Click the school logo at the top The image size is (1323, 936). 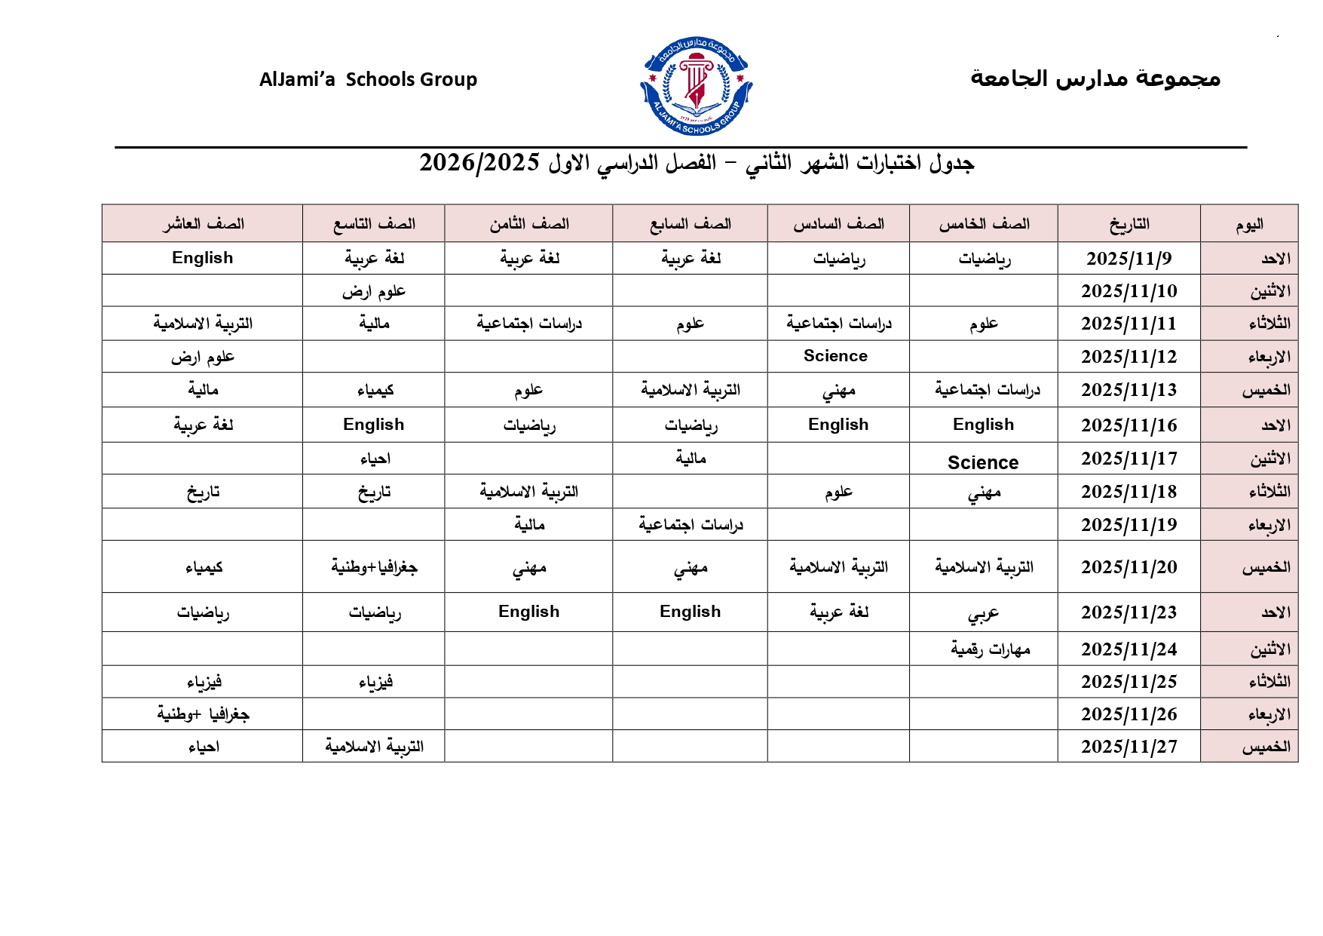coord(696,85)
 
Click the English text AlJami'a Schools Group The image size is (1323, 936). coord(368,79)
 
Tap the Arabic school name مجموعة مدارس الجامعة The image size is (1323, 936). coord(1095,78)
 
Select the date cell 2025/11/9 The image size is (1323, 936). coord(1129,259)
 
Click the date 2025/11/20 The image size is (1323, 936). coord(1129,567)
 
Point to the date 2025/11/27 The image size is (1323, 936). coord(1129,747)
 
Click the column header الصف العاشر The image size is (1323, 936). coord(203,224)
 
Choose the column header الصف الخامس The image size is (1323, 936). coord(984,224)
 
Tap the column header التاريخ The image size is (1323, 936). coord(1129,224)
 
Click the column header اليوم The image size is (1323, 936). coord(1249,224)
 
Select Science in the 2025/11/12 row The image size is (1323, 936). coord(835,356)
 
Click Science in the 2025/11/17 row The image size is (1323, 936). coord(983,462)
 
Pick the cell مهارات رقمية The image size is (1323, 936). coord(990,649)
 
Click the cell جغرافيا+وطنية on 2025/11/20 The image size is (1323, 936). coord(374,567)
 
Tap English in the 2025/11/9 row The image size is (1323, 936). coord(202,258)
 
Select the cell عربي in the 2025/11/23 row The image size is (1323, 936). coord(983,613)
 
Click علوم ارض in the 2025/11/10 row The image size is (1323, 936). coord(374,291)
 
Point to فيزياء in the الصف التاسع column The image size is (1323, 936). coord(375,682)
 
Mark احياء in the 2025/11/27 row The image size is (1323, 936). coord(204,747)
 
